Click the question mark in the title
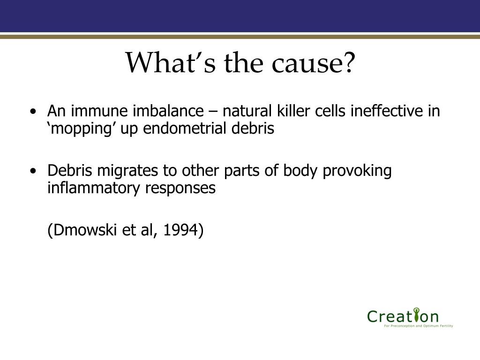(x=348, y=62)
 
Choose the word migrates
(x=127, y=171)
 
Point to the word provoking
(x=357, y=171)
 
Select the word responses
(x=180, y=188)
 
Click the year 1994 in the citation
(x=180, y=230)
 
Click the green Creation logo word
(x=403, y=316)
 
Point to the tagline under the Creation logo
(x=419, y=326)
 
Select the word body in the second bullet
(x=300, y=171)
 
